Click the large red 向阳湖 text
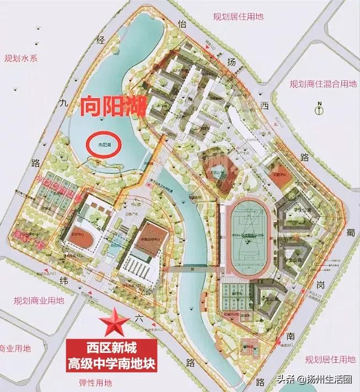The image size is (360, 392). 112,106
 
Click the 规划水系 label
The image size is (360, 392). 20,58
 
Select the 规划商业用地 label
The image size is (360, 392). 38,300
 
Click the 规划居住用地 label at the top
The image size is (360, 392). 238,17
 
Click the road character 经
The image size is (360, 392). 100,39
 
